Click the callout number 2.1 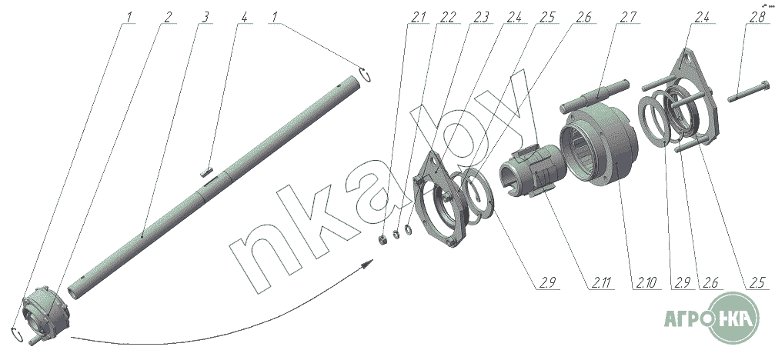coord(418,17)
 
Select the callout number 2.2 coord(447,17)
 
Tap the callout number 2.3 coord(481,17)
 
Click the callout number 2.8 coord(757,17)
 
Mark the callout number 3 coord(205,17)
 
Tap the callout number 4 coord(244,17)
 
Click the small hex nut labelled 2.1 coord(382,240)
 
